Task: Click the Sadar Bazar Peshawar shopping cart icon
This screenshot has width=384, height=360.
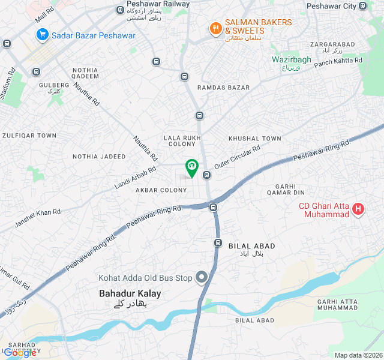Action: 42,35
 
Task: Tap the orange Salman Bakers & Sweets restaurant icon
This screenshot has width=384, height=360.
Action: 215,27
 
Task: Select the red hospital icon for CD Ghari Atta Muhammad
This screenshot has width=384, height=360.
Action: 358,209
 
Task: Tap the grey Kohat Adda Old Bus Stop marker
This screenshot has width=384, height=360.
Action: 202,277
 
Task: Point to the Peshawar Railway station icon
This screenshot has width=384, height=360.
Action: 121,10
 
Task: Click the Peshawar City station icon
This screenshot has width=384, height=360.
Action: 363,6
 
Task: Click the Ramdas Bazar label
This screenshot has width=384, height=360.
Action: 223,88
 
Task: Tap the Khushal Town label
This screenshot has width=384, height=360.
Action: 254,139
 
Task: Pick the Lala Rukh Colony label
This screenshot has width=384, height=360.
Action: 180,141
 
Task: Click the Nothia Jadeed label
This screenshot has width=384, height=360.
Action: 99,157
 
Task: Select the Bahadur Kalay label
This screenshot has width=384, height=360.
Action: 130,294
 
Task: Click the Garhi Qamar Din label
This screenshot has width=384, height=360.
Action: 286,189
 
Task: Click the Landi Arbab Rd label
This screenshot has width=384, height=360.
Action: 135,178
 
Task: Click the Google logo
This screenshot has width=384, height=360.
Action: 20,353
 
